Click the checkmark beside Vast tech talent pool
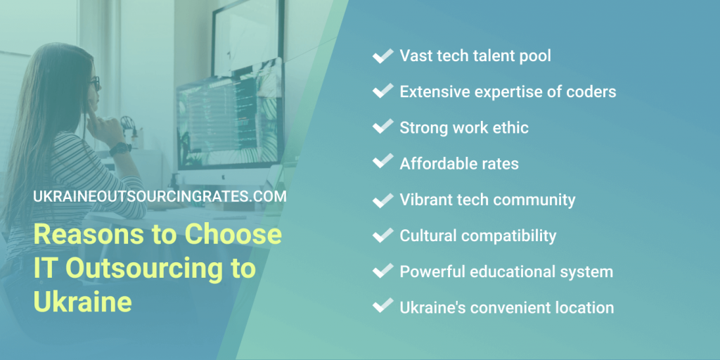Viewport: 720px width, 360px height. pyautogui.click(x=382, y=56)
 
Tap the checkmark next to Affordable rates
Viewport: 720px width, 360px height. pyautogui.click(x=382, y=163)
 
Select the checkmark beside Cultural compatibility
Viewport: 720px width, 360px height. pyautogui.click(x=382, y=235)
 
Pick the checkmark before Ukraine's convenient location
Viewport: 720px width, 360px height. pyautogui.click(x=382, y=307)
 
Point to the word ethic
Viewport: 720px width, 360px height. pyautogui.click(x=507, y=127)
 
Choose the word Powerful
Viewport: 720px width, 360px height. pyautogui.click(x=430, y=271)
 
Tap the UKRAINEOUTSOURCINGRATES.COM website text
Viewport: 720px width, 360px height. pyautogui.click(x=160, y=197)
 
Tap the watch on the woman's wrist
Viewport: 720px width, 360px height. pyautogui.click(x=120, y=149)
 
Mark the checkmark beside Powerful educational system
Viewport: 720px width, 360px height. pyautogui.click(x=382, y=271)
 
